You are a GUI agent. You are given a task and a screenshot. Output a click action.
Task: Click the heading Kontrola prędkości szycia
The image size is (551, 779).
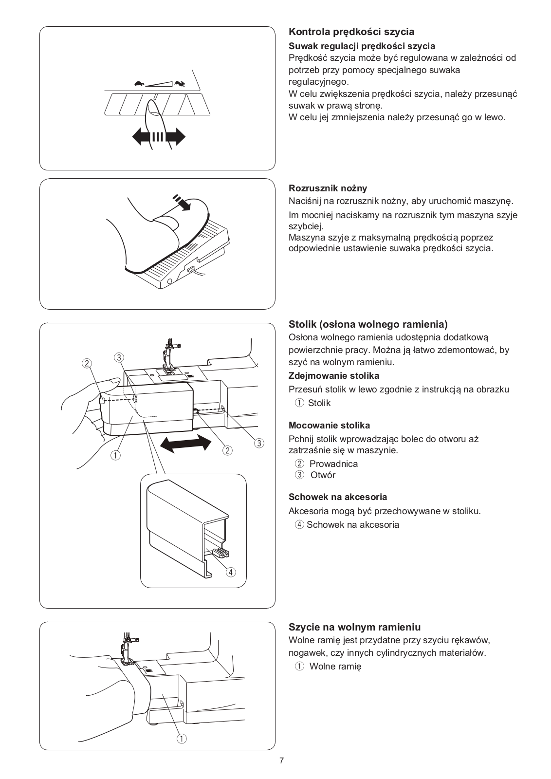[351, 32]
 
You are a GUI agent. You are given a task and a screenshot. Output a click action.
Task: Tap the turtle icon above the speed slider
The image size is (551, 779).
[140, 83]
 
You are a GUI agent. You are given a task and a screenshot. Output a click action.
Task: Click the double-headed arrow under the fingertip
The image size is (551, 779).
[159, 136]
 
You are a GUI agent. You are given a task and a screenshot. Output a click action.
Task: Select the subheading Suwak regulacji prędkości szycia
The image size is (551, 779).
[362, 46]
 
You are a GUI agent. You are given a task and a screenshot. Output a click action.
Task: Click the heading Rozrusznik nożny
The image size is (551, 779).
[328, 188]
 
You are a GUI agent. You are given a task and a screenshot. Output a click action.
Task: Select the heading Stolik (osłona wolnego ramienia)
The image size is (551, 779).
[368, 324]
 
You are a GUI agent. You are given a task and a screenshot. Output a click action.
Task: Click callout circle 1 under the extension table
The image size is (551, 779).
[115, 455]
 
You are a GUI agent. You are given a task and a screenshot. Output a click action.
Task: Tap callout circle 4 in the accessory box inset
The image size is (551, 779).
[231, 572]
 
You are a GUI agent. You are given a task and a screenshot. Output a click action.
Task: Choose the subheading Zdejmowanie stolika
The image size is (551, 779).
[333, 376]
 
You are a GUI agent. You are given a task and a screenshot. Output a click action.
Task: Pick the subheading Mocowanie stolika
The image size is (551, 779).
[329, 426]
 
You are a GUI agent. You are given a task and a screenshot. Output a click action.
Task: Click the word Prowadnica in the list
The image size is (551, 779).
[333, 464]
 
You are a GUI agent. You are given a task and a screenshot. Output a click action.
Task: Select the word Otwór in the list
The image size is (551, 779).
[323, 475]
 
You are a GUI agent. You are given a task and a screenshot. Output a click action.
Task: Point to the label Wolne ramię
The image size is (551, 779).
[335, 666]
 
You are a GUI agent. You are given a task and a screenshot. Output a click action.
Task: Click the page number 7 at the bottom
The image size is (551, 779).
[281, 761]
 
